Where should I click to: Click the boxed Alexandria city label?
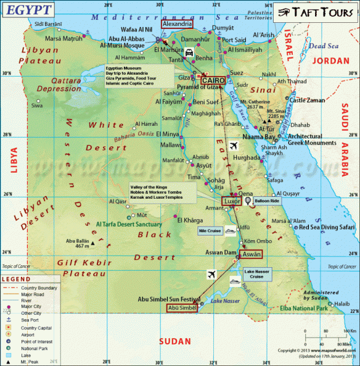coord(177,23)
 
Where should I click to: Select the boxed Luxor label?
coord(231,201)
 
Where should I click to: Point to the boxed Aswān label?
coord(252,254)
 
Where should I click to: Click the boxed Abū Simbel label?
coord(182,308)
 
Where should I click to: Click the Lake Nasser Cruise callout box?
coord(256,274)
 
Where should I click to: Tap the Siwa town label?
coord(38,106)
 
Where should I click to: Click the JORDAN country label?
coord(331,60)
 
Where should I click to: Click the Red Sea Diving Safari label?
coord(327,227)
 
